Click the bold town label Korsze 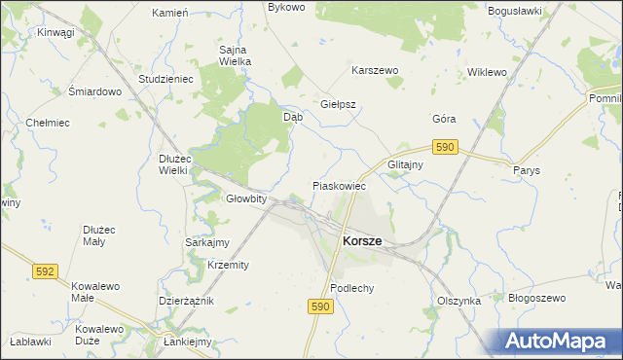pyautogui.click(x=361, y=240)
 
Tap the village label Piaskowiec pyautogui.click(x=339, y=185)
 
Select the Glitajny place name pyautogui.click(x=405, y=164)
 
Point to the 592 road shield pyautogui.click(x=45, y=271)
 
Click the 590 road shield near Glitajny pyautogui.click(x=446, y=146)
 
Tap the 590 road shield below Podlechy pyautogui.click(x=322, y=306)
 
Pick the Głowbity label pyautogui.click(x=246, y=198)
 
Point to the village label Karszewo pyautogui.click(x=376, y=71)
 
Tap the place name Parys pyautogui.click(x=526, y=168)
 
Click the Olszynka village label pyautogui.click(x=459, y=301)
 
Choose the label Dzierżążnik pyautogui.click(x=185, y=302)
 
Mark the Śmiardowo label pyautogui.click(x=93, y=91)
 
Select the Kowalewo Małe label pyautogui.click(x=95, y=292)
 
